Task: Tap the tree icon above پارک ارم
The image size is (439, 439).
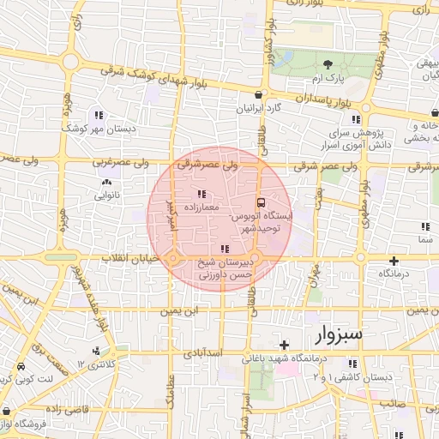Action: (328, 64)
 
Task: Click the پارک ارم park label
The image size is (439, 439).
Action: (328, 78)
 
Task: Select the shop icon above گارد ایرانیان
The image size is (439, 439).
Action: (258, 94)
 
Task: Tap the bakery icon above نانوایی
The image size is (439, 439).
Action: (107, 183)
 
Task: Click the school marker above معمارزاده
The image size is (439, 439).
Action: (201, 194)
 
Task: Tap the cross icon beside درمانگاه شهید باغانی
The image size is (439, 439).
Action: (284, 345)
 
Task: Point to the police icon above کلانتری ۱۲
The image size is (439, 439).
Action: (95, 351)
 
